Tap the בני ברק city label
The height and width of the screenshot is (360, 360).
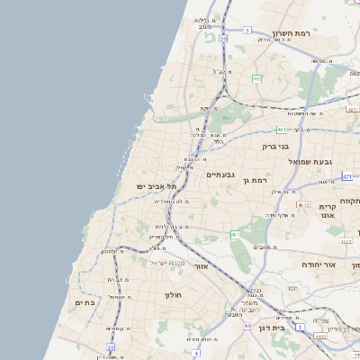pos(275,145)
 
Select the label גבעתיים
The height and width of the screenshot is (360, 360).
pos(220,175)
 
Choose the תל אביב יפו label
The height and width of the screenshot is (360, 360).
pos(153,185)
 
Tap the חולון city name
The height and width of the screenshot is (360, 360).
pos(173,295)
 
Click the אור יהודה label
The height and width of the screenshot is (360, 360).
pos(341,266)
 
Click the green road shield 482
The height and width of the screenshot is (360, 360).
pos(257,79)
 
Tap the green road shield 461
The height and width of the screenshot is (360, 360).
pos(234,235)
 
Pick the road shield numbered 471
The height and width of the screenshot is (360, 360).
pos(346,176)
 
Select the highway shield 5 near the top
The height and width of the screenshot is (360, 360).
pos(246,30)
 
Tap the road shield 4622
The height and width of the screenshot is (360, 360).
pos(346,241)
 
